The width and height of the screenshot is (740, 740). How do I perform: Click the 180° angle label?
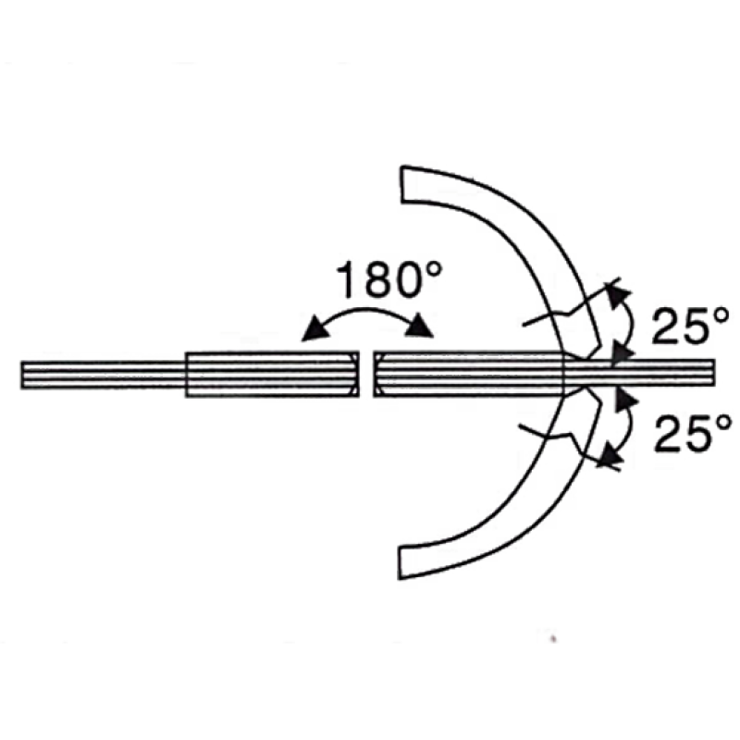[388, 281]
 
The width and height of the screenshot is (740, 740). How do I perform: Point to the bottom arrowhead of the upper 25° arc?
[622, 354]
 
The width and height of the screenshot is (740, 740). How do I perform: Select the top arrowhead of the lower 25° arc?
[624, 396]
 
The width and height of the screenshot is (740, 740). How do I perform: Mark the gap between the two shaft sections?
[365, 374]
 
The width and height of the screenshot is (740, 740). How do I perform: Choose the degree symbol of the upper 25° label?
[724, 314]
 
